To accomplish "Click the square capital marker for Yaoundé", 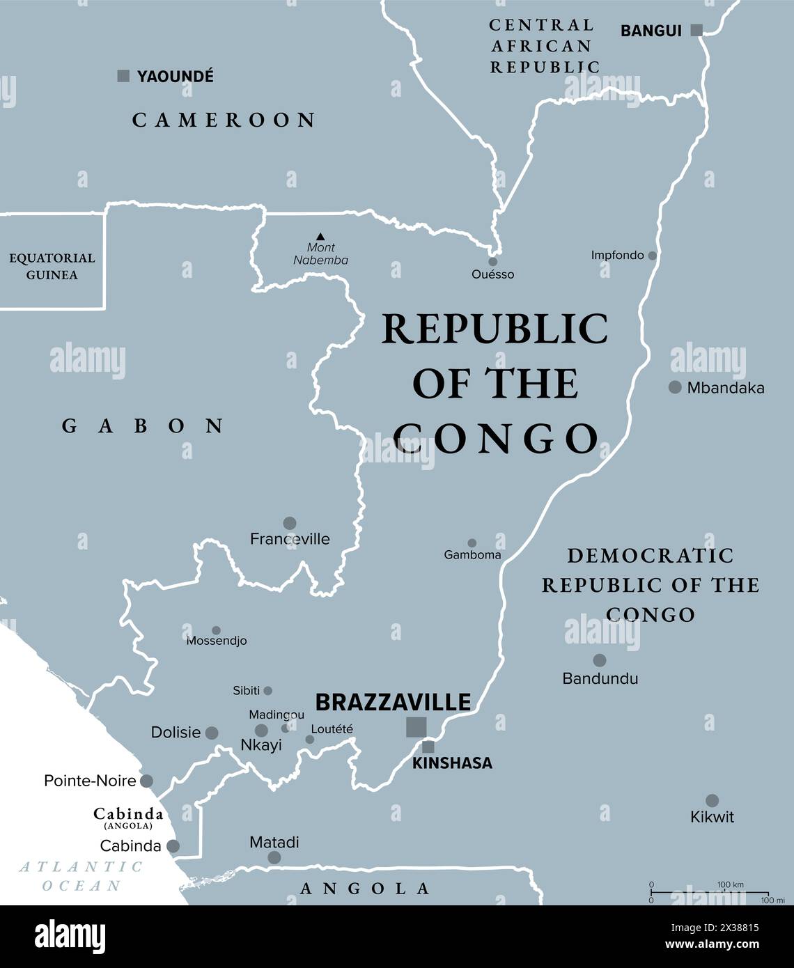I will pyautogui.click(x=123, y=76).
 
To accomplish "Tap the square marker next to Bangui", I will pyautogui.click(x=696, y=30).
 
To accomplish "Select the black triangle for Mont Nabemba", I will pyautogui.click(x=320, y=237).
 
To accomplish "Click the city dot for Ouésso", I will pyautogui.click(x=493, y=262).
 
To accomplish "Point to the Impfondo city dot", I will pyautogui.click(x=653, y=256).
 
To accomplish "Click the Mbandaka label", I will pyautogui.click(x=725, y=388).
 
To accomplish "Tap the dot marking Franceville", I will pyautogui.click(x=290, y=523).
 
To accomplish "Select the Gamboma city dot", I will pyautogui.click(x=472, y=543).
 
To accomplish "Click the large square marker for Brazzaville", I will pyautogui.click(x=417, y=726).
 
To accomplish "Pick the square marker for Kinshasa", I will pyautogui.click(x=428, y=747).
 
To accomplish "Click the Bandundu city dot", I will pyautogui.click(x=599, y=660).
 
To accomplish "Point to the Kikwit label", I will pyautogui.click(x=712, y=817).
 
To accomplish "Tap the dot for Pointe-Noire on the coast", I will pyautogui.click(x=146, y=781).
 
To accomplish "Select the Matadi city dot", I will pyautogui.click(x=274, y=857).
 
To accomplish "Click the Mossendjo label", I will pyautogui.click(x=217, y=641).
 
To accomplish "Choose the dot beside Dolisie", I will pyautogui.click(x=212, y=733).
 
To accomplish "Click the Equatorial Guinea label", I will pyautogui.click(x=52, y=266).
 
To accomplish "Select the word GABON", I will pyautogui.click(x=143, y=426).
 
